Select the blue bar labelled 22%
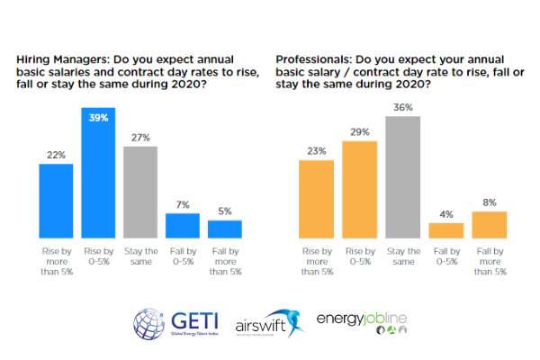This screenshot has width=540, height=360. [55, 200]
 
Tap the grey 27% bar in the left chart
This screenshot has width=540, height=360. [139, 191]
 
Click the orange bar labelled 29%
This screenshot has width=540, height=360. [359, 188]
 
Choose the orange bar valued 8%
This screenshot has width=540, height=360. [489, 223]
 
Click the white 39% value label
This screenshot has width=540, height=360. [97, 116]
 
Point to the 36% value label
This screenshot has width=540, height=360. [402, 108]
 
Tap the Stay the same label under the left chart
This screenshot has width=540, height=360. [139, 256]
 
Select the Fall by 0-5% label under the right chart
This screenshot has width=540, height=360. [445, 256]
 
